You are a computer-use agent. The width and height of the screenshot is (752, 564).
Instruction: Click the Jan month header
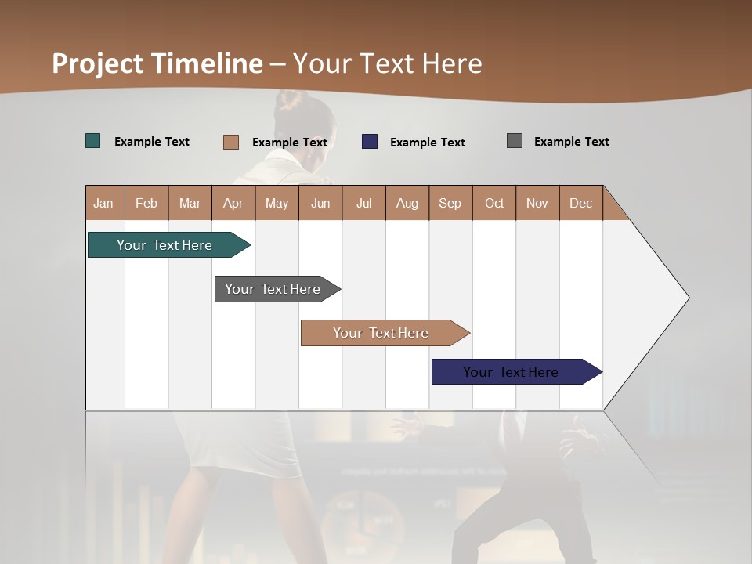pyautogui.click(x=103, y=203)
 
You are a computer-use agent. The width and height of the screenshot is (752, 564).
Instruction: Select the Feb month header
pyautogui.click(x=146, y=203)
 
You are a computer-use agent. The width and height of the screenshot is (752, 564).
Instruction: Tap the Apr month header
pyautogui.click(x=233, y=203)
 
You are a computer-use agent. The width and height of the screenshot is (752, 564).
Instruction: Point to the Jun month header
pyautogui.click(x=320, y=203)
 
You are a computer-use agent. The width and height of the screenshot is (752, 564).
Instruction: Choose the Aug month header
pyautogui.click(x=407, y=203)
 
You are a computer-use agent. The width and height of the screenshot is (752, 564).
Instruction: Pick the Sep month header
pyautogui.click(x=450, y=203)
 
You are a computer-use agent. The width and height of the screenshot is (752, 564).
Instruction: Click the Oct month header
pyautogui.click(x=494, y=203)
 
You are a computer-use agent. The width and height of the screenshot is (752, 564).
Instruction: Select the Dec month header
pyautogui.click(x=580, y=203)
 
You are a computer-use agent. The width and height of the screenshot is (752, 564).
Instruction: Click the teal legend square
pyautogui.click(x=93, y=141)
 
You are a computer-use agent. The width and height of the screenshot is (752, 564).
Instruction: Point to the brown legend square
pyautogui.click(x=231, y=142)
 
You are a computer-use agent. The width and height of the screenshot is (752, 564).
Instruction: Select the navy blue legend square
pyautogui.click(x=370, y=142)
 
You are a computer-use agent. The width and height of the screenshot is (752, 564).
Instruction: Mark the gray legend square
pyautogui.click(x=515, y=141)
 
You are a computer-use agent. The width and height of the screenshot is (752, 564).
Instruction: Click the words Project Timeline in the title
pyautogui.click(x=157, y=63)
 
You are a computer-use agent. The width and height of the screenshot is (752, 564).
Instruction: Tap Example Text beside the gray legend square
pyautogui.click(x=571, y=142)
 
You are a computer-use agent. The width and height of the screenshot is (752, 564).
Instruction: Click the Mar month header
pyautogui.click(x=190, y=203)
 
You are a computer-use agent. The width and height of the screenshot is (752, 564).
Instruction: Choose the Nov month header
pyautogui.click(x=537, y=203)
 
